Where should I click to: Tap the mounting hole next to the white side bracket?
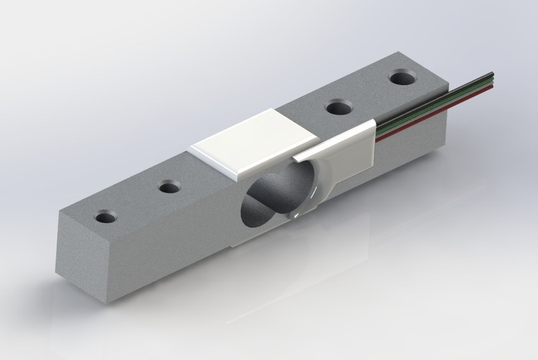click(339, 107)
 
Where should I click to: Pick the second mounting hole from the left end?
click(168, 187)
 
